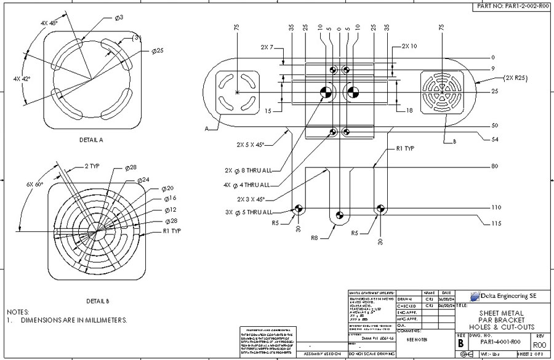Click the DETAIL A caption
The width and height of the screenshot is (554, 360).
[91, 140]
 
